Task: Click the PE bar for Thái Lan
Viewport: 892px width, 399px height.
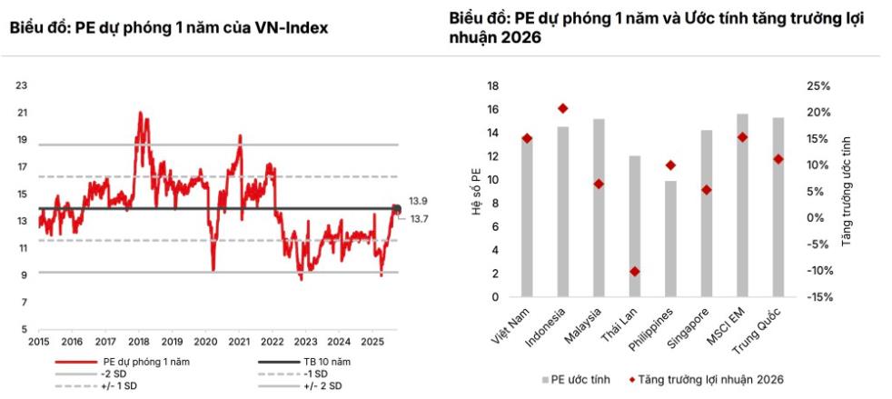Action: click(635, 226)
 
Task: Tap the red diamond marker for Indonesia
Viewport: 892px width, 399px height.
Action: click(563, 108)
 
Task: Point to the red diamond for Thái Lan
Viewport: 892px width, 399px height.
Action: click(635, 272)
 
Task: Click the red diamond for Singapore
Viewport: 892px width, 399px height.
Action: click(707, 190)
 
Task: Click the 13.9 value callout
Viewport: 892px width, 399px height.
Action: click(418, 200)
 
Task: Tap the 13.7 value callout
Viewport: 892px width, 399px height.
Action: click(418, 219)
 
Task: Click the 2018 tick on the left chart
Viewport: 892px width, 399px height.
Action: click(139, 342)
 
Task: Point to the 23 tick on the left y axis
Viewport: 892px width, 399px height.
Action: click(22, 85)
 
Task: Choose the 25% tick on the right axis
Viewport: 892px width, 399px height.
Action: click(818, 86)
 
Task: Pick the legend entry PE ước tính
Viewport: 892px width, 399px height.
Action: click(576, 379)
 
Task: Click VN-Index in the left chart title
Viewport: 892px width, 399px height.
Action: click(294, 28)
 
